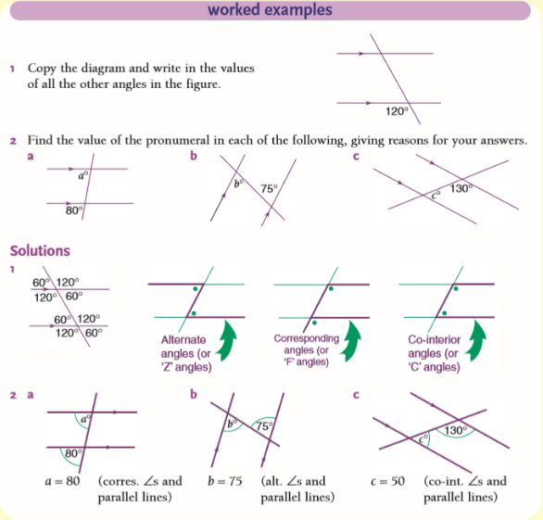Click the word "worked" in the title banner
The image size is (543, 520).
click(x=234, y=9)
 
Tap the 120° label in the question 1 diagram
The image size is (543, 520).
click(x=397, y=111)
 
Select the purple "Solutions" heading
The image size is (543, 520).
click(x=40, y=251)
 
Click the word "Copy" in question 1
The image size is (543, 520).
click(x=42, y=69)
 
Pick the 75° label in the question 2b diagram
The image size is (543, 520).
click(x=269, y=188)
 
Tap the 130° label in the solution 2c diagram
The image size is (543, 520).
click(x=456, y=431)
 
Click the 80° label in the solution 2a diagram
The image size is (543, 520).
click(x=74, y=453)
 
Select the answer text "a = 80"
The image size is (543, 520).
click(x=63, y=481)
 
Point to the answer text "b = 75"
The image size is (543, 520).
click(x=225, y=481)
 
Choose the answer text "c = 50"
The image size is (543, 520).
click(x=387, y=481)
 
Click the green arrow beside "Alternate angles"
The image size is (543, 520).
click(x=226, y=341)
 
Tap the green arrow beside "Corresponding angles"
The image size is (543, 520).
click(x=351, y=341)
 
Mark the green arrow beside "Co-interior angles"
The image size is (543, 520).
click(x=475, y=341)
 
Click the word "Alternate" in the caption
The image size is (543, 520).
click(x=183, y=340)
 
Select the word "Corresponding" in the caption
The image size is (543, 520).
click(x=307, y=338)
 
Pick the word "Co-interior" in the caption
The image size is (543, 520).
click(x=435, y=340)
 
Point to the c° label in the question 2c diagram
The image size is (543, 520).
click(x=436, y=195)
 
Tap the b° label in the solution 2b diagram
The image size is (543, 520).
click(x=232, y=424)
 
